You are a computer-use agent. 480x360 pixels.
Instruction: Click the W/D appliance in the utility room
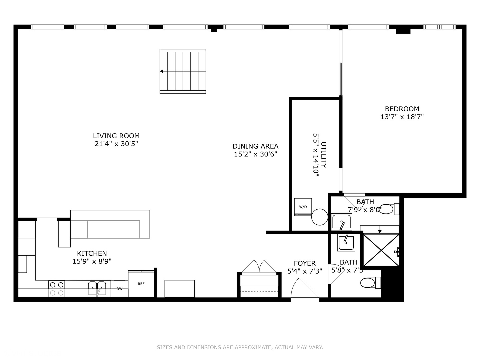tap(303, 207)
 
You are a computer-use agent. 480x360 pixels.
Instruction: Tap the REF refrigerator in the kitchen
tap(141, 284)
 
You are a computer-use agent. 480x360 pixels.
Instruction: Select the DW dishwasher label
tap(119, 289)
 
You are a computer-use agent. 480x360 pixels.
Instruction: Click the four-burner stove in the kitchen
tap(57, 289)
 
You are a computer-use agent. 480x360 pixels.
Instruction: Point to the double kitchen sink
tap(97, 288)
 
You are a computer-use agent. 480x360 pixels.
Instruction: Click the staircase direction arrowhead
tap(162, 71)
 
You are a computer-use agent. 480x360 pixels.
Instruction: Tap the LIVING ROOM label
tap(116, 136)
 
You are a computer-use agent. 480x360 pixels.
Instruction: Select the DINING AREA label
tap(255, 146)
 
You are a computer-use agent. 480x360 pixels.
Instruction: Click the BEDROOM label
tap(402, 109)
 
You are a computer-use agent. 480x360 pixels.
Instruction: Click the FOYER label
tap(305, 263)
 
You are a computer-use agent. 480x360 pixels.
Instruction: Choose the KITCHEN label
tap(92, 253)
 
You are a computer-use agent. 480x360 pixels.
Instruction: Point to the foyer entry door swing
tap(304, 289)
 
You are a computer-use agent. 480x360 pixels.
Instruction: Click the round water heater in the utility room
tap(320, 217)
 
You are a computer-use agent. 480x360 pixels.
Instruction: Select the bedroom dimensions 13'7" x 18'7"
tap(402, 117)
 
